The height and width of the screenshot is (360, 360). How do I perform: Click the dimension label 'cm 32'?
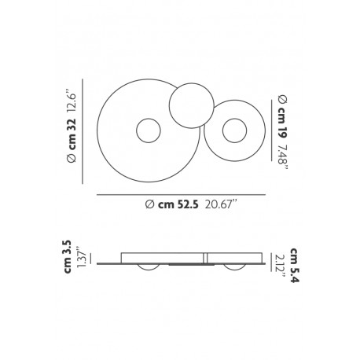pyautogui.click(x=72, y=134)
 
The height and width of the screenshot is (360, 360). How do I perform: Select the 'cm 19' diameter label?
pyautogui.click(x=282, y=123)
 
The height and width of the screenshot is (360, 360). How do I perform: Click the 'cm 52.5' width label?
pyautogui.click(x=178, y=204)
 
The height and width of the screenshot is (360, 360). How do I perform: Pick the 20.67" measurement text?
pyautogui.click(x=222, y=204)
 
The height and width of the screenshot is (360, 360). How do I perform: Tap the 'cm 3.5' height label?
pyautogui.click(x=68, y=257)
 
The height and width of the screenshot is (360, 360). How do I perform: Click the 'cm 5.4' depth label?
pyautogui.click(x=295, y=265)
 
